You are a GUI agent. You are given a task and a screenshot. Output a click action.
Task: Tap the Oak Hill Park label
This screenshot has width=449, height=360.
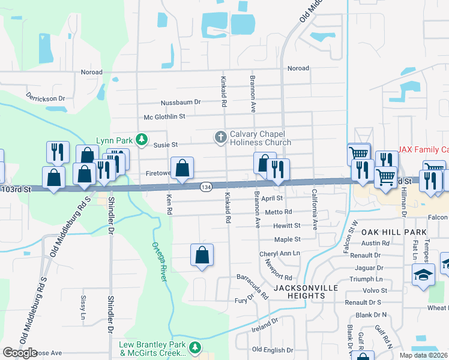pos(393,232)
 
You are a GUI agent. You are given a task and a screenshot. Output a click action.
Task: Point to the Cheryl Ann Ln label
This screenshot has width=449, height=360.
pos(280,254)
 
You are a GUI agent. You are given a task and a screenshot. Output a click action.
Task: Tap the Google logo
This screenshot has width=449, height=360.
pos(20,352)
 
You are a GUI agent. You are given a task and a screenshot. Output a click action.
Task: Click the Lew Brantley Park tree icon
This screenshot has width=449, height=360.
pos(194,347)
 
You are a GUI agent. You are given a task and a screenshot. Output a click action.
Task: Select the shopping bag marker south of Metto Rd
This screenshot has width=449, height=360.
pos(202,256)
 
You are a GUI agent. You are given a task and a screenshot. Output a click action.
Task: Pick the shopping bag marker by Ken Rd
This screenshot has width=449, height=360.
pos(182,169)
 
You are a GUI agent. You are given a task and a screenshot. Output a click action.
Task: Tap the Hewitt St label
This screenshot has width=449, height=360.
pos(288,226)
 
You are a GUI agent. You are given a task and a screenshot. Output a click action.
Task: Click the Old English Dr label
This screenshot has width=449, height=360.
pos(273,349)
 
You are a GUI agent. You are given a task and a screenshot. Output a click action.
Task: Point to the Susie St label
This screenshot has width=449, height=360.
pos(166,145)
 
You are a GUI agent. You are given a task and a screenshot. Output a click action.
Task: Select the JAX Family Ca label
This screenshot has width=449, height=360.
pos(424,149)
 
